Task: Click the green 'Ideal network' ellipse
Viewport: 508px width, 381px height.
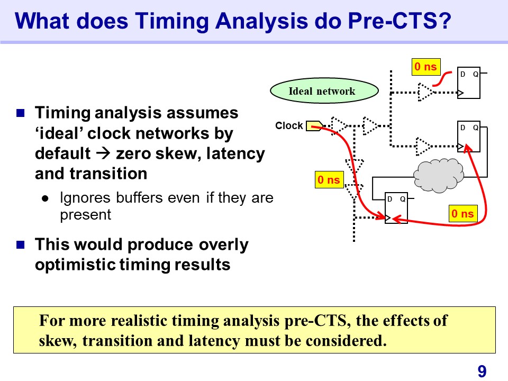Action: pos(324,90)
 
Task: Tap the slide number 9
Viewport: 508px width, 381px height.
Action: pos(482,371)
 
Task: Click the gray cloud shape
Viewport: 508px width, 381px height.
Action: pos(439,175)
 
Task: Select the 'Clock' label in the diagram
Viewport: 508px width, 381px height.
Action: pos(289,125)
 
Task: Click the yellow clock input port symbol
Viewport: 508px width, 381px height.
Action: pos(314,126)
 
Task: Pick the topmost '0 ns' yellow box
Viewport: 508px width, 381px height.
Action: pos(425,67)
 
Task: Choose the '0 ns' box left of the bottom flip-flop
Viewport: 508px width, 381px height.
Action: pos(329,180)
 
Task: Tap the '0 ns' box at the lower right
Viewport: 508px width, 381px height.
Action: pos(462,213)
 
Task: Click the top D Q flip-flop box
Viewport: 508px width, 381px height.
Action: pos(468,83)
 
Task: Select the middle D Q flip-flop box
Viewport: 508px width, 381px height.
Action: pos(468,137)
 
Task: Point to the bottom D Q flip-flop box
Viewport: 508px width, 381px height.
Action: pos(396,208)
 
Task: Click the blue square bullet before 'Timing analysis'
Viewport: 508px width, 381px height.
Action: pos(21,113)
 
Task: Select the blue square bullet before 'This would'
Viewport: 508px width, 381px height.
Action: pos(21,244)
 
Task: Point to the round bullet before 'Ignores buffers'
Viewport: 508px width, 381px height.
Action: pos(46,198)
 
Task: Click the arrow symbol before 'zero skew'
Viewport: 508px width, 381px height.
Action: pos(104,153)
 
